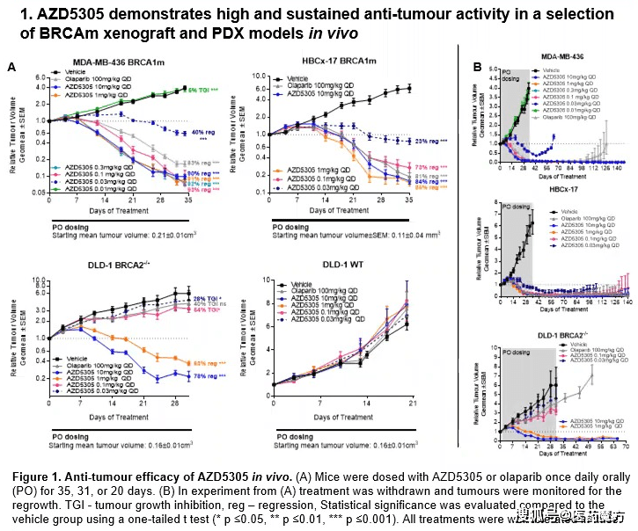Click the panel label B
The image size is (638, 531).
point(476,68)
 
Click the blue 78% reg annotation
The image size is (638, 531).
point(207,377)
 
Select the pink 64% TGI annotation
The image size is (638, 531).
point(208,310)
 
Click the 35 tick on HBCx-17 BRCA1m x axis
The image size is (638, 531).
point(436,226)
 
